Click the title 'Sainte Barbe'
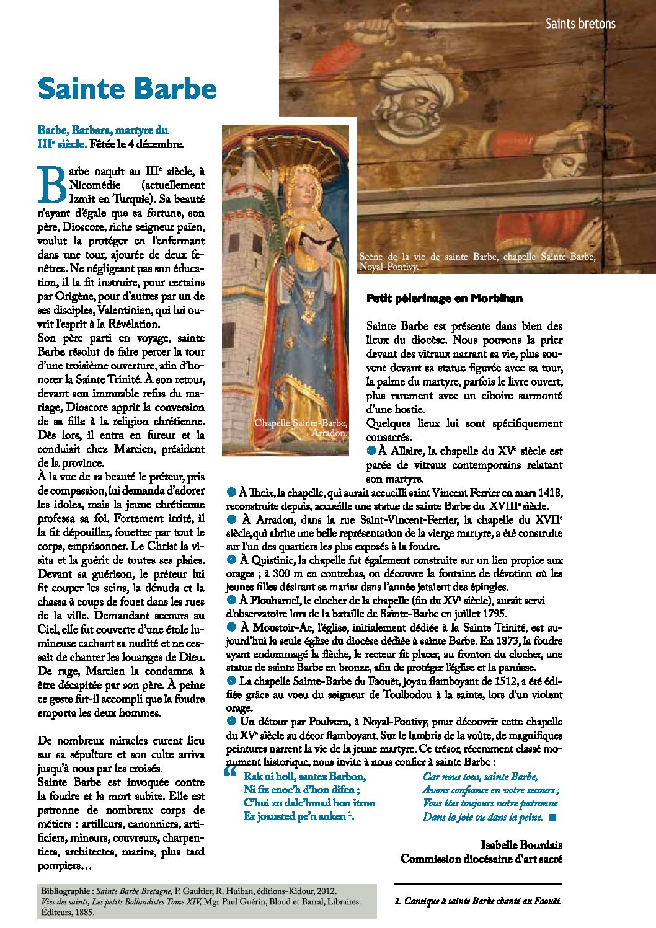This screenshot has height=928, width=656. coord(127,89)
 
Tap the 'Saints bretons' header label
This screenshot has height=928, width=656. coord(580,24)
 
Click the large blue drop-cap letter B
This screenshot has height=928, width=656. coord(51,184)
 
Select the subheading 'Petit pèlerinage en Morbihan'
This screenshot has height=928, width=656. coord(444,298)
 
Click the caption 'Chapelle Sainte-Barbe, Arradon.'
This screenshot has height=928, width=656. coord(301,428)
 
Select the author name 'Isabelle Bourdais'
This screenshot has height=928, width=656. coord(521,845)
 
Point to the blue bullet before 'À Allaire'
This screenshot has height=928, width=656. coord(371,450)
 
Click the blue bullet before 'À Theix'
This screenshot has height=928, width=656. coord(231,492)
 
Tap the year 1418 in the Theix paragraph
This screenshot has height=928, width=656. coord(551,493)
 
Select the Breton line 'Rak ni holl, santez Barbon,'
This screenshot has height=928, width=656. coord(304,776)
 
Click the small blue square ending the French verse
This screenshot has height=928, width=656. coord(553,818)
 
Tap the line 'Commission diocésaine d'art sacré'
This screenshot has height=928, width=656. coord(481,859)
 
